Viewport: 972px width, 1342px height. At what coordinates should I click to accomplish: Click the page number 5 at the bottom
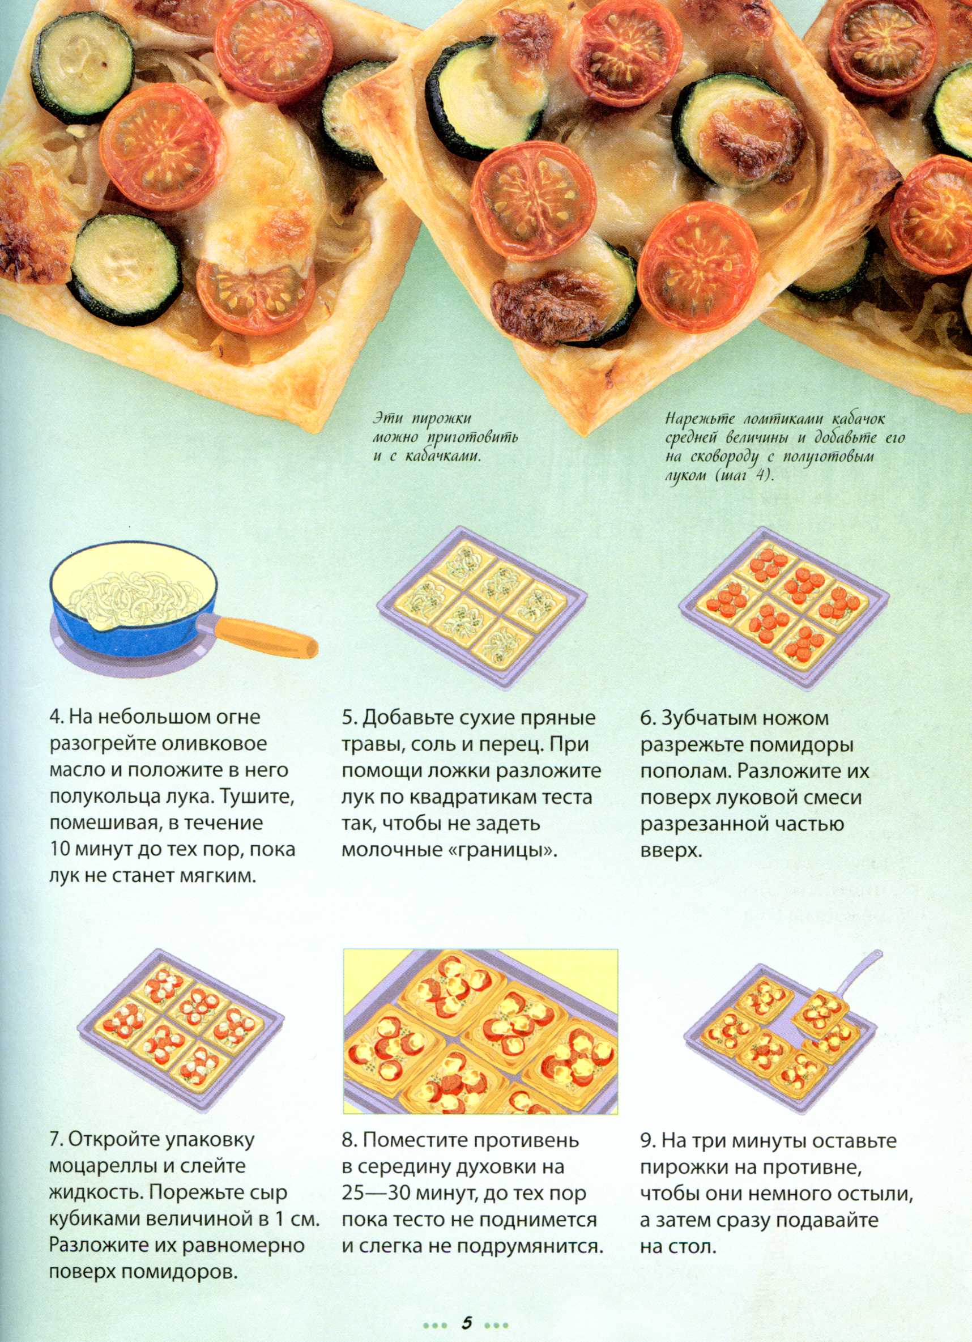[x=467, y=1320]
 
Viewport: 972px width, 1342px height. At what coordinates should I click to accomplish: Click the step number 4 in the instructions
[x=54, y=718]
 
